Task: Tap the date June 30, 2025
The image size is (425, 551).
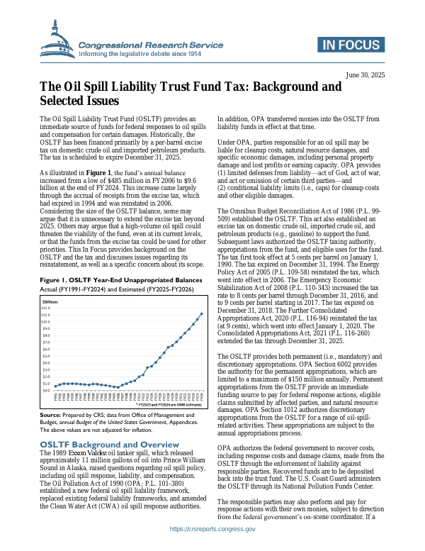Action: click(367, 75)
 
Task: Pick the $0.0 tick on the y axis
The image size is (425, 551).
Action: click(47, 390)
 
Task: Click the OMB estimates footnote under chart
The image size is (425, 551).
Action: click(170, 406)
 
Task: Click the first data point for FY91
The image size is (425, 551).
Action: click(55, 386)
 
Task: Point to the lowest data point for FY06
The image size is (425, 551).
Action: click(117, 387)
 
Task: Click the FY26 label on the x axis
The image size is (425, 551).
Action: click(202, 398)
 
